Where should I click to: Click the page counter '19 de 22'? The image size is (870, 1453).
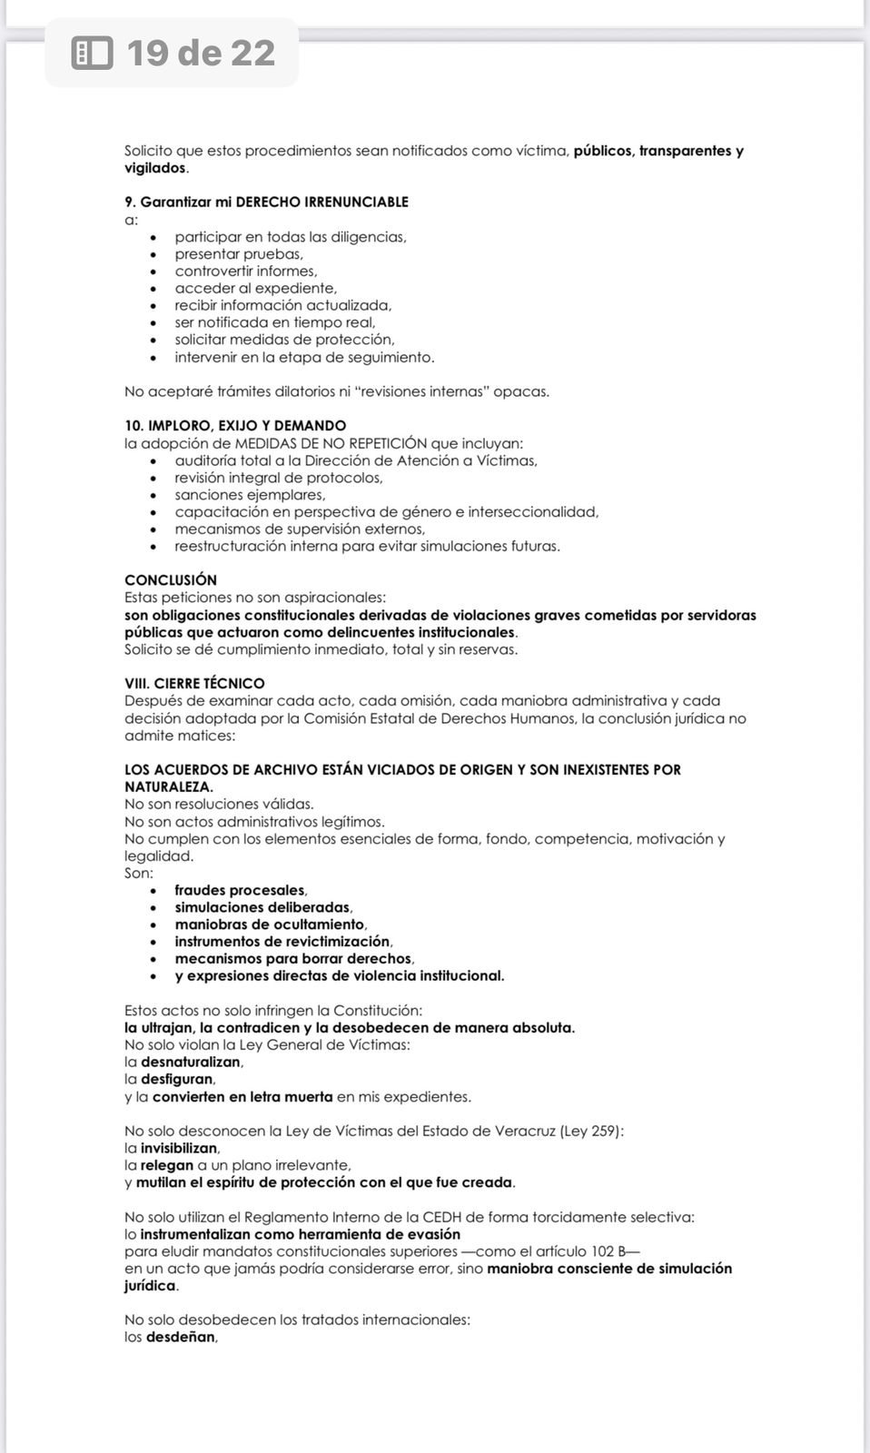(201, 54)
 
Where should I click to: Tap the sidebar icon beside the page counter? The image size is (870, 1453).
(92, 54)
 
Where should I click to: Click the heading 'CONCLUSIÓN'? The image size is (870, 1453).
(171, 579)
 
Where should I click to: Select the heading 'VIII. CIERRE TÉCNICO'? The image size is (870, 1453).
(194, 683)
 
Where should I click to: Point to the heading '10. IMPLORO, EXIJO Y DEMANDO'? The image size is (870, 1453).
(235, 425)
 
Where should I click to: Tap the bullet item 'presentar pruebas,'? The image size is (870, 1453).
(239, 254)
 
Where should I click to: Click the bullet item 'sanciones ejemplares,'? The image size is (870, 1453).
(250, 495)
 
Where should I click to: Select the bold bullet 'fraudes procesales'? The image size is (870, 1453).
(240, 890)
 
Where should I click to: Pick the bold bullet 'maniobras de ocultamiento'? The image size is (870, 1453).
(269, 924)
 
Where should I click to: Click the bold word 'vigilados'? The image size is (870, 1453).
(155, 168)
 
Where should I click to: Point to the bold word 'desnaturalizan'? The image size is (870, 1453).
(191, 1062)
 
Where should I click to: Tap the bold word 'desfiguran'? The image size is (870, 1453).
(177, 1079)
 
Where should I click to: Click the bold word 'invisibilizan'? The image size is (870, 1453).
(180, 1148)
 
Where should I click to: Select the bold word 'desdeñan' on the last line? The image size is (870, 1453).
(181, 1337)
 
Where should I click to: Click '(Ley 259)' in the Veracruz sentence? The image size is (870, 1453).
(591, 1131)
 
